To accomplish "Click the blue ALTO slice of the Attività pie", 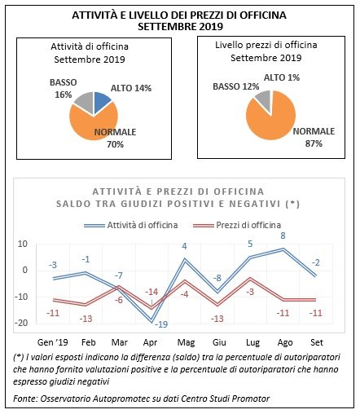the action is [x=101, y=101].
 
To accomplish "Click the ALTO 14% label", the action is [x=131, y=88].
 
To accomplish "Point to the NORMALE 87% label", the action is [x=314, y=138].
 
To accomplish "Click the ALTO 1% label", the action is [x=282, y=77].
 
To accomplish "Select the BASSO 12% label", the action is [x=235, y=86].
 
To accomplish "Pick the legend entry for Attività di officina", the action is [x=130, y=225].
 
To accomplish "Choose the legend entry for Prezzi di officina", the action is [x=236, y=225].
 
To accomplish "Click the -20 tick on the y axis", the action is [x=21, y=323].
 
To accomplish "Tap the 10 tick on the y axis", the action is [x=23, y=244].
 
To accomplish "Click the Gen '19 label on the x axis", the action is [x=52, y=342].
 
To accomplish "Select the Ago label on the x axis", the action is [x=285, y=342].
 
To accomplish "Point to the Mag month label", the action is [x=186, y=342].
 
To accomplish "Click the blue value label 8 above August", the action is [x=283, y=236].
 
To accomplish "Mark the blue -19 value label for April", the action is [x=161, y=324].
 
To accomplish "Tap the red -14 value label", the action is [x=151, y=292].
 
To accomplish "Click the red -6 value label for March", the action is [x=118, y=300].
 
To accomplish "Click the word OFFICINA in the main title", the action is [x=263, y=15].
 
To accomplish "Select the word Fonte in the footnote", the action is [x=24, y=399].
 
